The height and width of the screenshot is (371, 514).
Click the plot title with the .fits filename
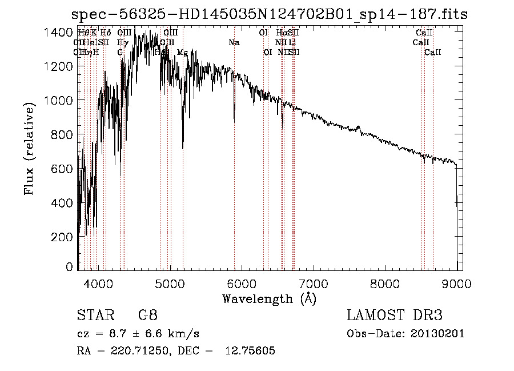268,14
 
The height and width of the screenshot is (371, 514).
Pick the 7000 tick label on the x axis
313,283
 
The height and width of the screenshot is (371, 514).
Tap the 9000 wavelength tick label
456,283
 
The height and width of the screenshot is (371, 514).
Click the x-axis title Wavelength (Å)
269,298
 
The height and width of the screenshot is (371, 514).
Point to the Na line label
234,43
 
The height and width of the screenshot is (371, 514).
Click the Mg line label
182,53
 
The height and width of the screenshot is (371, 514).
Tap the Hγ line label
122,43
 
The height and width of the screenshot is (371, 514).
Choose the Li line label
292,43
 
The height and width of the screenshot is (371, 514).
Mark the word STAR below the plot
91,316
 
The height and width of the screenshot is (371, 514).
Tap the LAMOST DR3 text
394,316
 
